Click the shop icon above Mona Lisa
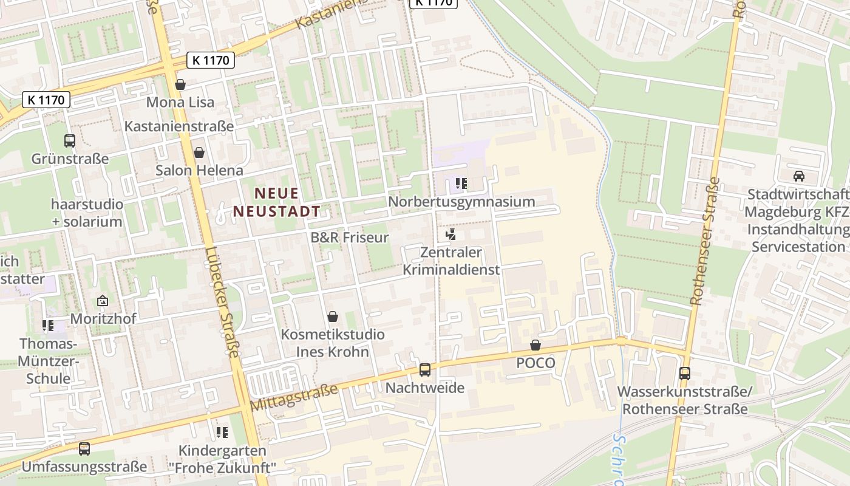click(180, 84)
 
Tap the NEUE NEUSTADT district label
click(277, 202)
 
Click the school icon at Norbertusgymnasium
click(461, 183)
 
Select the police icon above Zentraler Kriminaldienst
click(450, 234)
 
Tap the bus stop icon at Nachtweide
click(425, 369)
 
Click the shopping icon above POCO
click(535, 345)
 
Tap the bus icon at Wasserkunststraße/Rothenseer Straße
click(685, 373)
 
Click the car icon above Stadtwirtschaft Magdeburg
click(799, 176)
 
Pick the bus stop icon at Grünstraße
click(70, 141)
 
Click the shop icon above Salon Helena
click(199, 152)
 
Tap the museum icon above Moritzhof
click(103, 301)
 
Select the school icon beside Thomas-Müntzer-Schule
click(48, 326)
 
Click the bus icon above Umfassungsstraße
click(84, 449)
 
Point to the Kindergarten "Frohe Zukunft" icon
click(222, 433)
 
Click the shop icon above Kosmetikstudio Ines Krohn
click(333, 317)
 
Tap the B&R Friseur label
click(349, 238)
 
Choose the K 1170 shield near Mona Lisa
click(211, 60)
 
